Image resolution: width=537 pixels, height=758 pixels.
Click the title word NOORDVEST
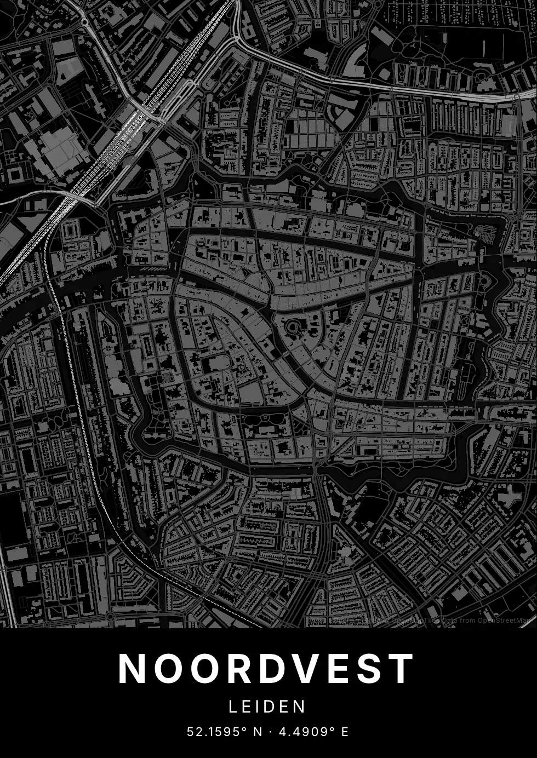coord(266,669)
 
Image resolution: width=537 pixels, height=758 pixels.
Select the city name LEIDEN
coord(267,707)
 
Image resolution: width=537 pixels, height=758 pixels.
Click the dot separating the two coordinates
coord(270,732)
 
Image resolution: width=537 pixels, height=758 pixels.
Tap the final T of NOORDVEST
coord(402,669)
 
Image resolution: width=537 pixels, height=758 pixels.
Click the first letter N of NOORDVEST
coord(132,669)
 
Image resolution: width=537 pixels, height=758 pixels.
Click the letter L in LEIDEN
coord(233,707)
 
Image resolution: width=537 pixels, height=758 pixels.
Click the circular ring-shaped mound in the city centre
coord(293,328)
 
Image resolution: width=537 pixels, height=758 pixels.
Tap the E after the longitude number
coord(345,732)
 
